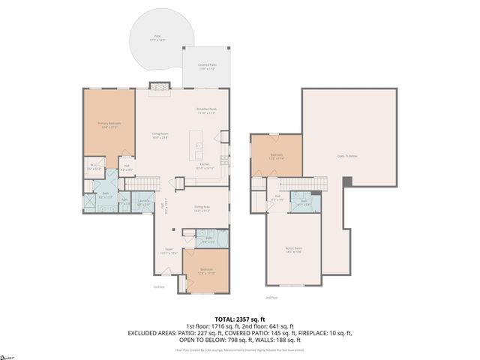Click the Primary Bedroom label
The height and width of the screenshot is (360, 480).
[109, 124]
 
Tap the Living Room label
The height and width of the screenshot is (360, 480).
[160, 135]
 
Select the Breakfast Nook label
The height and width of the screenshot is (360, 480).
[206, 112]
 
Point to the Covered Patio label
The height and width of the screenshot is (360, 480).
[208, 67]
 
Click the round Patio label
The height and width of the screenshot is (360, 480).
[158, 38]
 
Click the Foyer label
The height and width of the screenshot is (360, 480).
[169, 251]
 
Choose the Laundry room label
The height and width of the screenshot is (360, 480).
[144, 201]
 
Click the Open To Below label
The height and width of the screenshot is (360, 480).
[347, 156]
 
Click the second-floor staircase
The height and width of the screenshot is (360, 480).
[304, 184]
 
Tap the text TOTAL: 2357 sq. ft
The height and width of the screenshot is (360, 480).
[240, 318]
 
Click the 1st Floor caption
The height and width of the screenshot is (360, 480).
[158, 286]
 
